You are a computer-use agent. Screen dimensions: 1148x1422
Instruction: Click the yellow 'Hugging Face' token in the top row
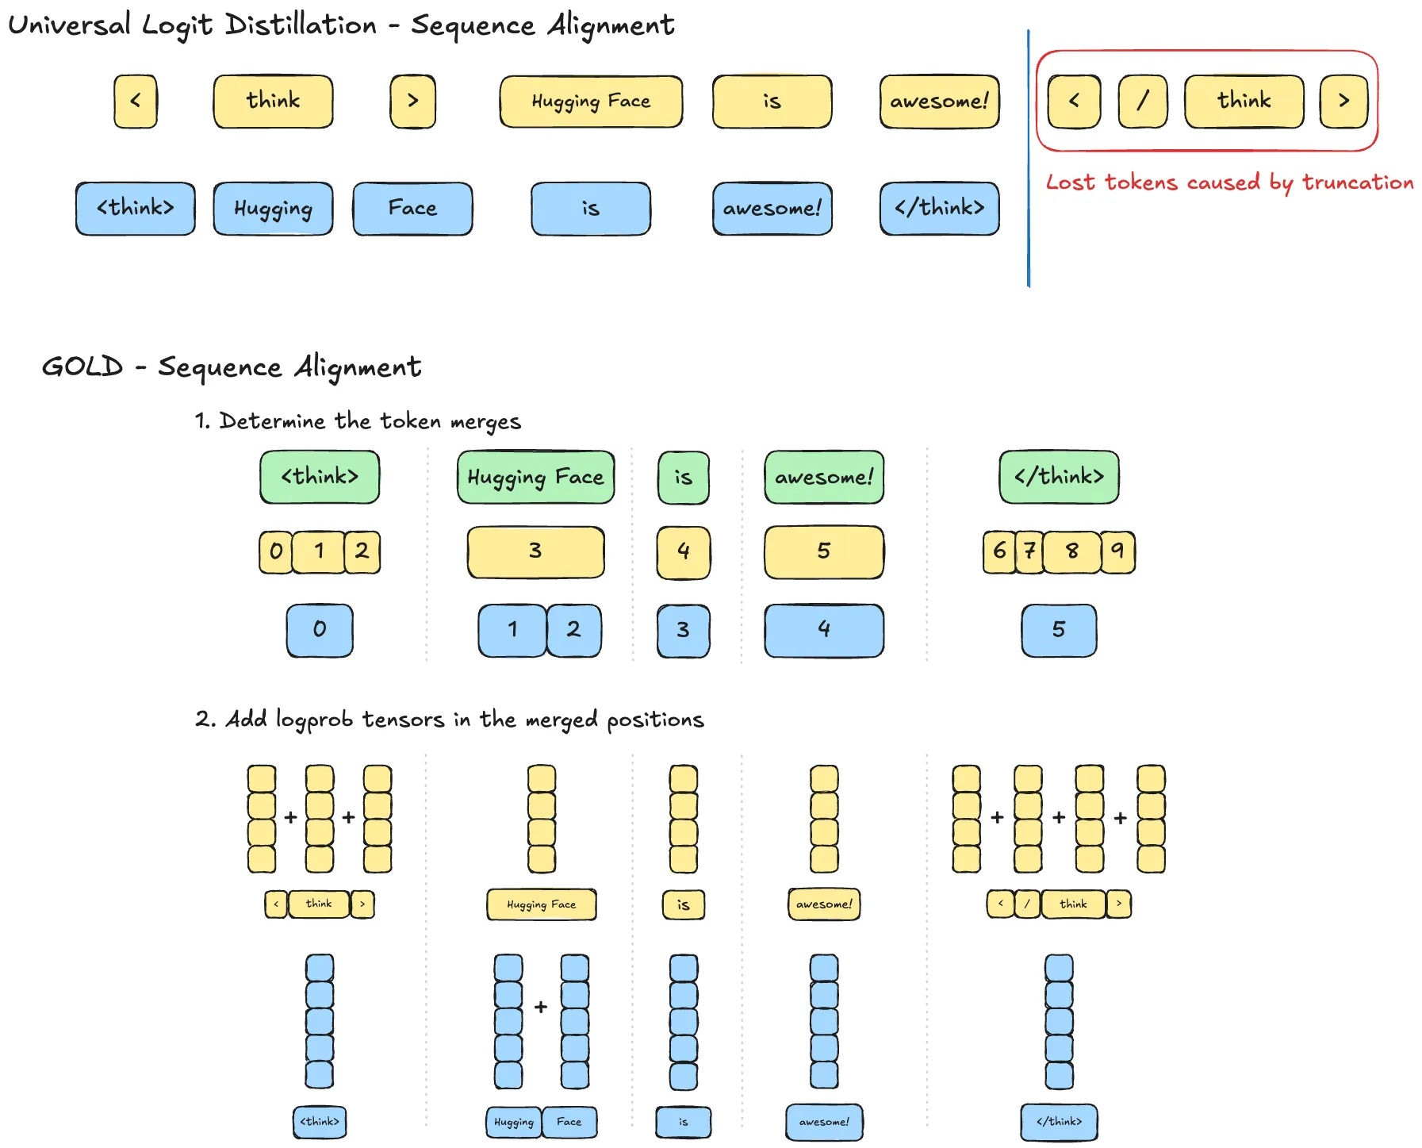tap(591, 102)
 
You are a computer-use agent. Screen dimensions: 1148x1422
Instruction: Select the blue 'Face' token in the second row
tap(412, 209)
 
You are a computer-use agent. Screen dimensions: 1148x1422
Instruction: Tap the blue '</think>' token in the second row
tap(939, 209)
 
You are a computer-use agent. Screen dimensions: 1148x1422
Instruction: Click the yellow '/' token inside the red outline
tap(1142, 102)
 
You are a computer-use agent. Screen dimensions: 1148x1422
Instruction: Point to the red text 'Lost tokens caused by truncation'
tap(1228, 182)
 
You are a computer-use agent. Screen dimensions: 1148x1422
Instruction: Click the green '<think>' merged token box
tap(320, 477)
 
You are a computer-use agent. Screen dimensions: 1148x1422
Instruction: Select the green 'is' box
tap(683, 478)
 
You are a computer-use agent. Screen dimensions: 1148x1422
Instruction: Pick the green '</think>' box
tap(1059, 477)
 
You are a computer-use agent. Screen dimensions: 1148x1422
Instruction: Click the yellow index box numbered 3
tap(535, 551)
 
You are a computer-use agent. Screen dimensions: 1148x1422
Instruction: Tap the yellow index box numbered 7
tap(1029, 551)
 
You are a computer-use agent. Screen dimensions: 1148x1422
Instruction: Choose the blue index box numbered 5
tap(1059, 630)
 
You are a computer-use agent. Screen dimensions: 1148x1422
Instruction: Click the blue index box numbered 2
tap(573, 630)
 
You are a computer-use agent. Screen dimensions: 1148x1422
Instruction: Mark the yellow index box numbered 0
tap(275, 551)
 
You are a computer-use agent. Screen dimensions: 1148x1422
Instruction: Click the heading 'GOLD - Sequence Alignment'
tap(231, 367)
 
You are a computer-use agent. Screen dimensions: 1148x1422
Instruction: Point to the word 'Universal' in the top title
tap(69, 25)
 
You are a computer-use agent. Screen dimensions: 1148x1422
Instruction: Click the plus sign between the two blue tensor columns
tap(541, 1007)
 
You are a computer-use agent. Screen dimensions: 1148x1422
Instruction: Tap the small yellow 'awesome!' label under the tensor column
tap(824, 904)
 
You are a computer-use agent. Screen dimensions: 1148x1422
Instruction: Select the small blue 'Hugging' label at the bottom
tap(513, 1122)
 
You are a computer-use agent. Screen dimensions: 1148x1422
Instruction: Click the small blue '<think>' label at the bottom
tap(320, 1122)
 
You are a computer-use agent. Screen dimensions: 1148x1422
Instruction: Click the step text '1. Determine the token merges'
tap(358, 421)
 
